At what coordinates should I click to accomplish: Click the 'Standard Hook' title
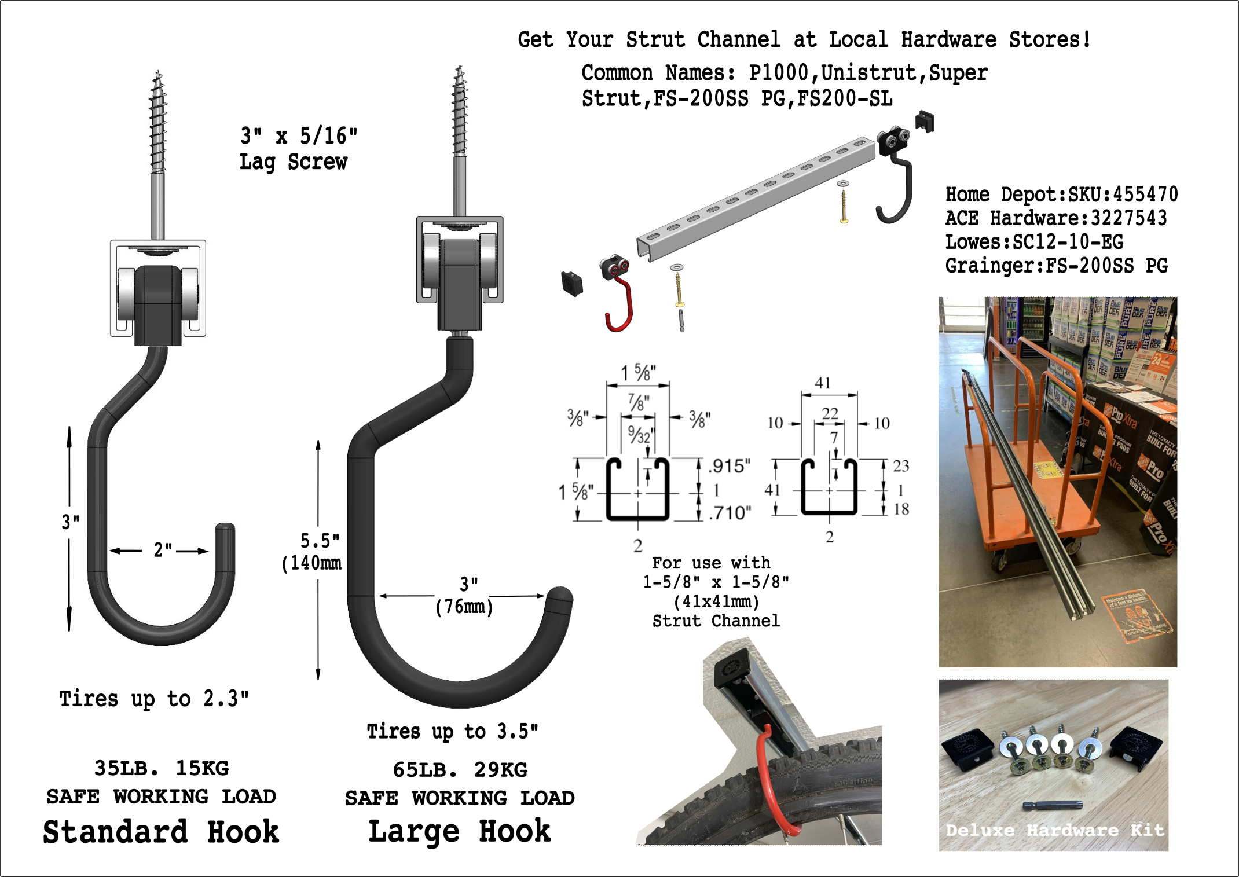pos(161,832)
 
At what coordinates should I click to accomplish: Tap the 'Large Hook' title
pos(460,832)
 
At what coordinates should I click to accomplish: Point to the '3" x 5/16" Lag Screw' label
pos(298,149)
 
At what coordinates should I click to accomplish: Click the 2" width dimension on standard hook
pos(162,549)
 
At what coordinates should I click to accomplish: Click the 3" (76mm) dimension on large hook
pos(465,596)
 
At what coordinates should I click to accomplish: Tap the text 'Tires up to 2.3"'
pos(154,699)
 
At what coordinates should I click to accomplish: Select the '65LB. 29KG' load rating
pos(460,770)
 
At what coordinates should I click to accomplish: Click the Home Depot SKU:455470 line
pos(1061,195)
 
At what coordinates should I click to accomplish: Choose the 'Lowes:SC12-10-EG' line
pos(1034,242)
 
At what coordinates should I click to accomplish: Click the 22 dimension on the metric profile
pos(830,413)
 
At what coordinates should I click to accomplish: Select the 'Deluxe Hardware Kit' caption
pos(1054,830)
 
